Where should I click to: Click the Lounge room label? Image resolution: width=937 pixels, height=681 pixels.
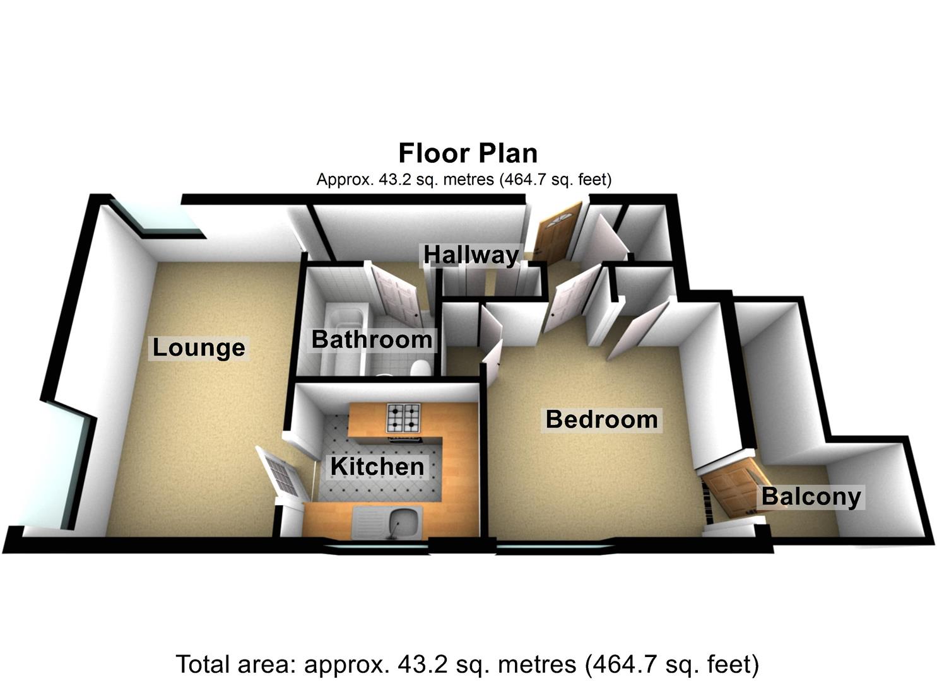[x=199, y=347]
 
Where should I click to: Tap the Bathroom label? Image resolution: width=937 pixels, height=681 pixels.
[x=372, y=340]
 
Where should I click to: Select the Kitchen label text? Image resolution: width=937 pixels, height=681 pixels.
[x=377, y=467]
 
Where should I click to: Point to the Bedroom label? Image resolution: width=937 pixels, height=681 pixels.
[x=601, y=419]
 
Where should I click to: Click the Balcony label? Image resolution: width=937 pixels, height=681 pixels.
[x=811, y=496]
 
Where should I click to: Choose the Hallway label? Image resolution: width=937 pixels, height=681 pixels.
[x=471, y=255]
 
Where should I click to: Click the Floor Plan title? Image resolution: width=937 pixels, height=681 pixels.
[x=468, y=153]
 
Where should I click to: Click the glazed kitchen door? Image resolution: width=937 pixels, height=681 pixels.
[x=281, y=472]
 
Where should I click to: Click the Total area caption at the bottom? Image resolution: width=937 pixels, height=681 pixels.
[x=467, y=664]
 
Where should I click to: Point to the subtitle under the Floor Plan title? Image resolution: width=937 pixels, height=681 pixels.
[x=464, y=180]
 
